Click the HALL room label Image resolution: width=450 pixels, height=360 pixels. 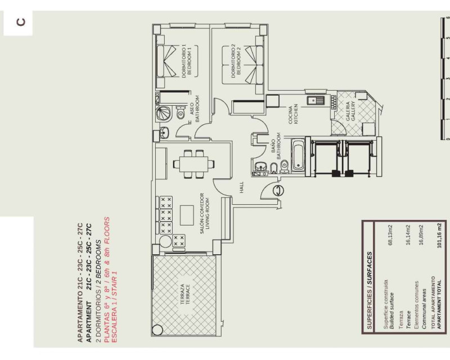pyautogui.click(x=242, y=187)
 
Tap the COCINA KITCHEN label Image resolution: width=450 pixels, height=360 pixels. pyautogui.click(x=293, y=115)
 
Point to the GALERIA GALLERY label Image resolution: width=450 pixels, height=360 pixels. pyautogui.click(x=350, y=111)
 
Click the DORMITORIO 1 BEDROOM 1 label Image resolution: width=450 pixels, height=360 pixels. pyautogui.click(x=187, y=61)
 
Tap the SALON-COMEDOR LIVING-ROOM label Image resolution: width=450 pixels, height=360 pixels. pyautogui.click(x=205, y=213)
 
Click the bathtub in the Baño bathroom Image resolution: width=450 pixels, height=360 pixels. pyautogui.click(x=298, y=156)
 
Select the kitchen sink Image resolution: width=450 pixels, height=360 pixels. pyautogui.click(x=315, y=101)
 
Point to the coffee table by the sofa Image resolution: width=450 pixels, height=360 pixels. pyautogui.click(x=187, y=215)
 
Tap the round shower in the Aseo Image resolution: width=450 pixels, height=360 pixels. pyautogui.click(x=164, y=113)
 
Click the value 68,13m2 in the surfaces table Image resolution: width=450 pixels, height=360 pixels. pyautogui.click(x=390, y=235)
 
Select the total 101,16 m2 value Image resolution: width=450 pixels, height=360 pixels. pyautogui.click(x=439, y=235)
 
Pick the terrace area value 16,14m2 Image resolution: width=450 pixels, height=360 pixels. pyautogui.click(x=408, y=235)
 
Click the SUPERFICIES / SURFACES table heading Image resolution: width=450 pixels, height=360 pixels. pyautogui.click(x=370, y=290)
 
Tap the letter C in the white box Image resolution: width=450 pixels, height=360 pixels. pyautogui.click(x=21, y=22)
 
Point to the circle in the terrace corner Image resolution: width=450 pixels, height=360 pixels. pyautogui.click(x=157, y=330)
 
